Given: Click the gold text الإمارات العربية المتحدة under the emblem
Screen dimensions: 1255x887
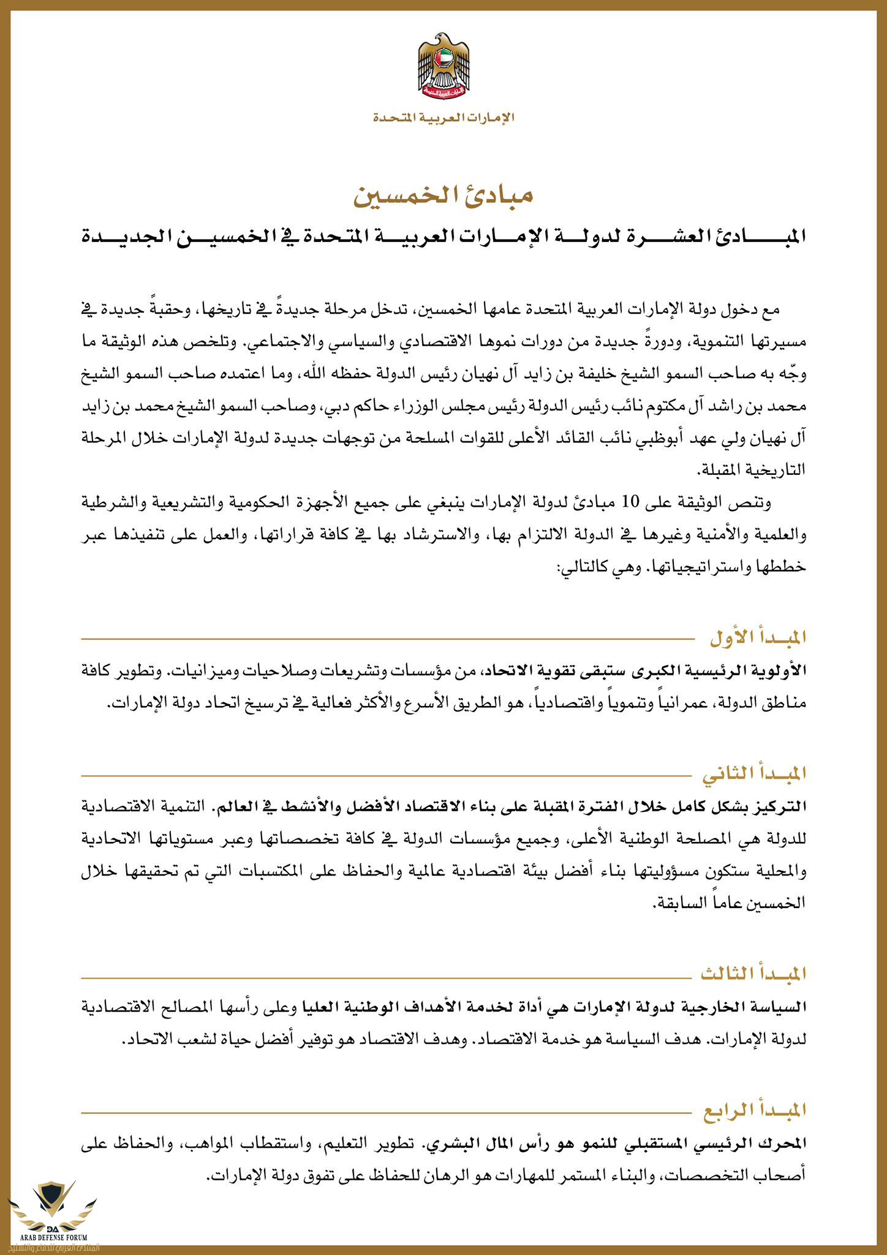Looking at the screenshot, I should pos(443,117).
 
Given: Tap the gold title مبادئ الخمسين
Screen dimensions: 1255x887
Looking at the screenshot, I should pos(443,195).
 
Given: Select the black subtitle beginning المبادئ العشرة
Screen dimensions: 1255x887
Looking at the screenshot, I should pos(443,236).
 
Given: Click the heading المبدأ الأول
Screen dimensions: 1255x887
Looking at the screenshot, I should pos(758,638).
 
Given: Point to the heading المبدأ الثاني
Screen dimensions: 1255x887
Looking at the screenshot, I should pos(754,774).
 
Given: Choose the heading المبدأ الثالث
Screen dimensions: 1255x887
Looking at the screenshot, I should pos(753,973).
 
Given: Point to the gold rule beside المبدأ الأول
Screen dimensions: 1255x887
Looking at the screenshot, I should pos(392,639).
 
